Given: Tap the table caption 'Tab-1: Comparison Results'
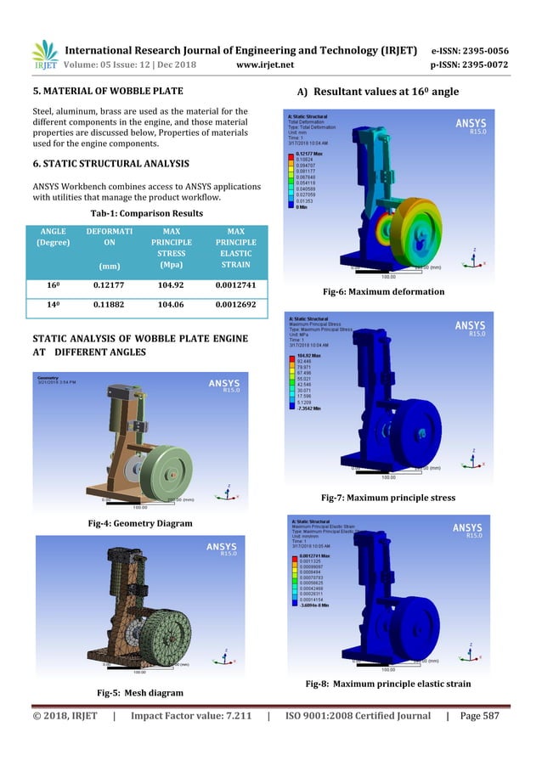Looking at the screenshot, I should (x=150, y=213).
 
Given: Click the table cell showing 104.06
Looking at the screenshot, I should (x=170, y=303).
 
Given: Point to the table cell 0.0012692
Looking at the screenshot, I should (x=238, y=303).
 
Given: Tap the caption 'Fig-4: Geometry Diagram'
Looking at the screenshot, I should (x=150, y=523).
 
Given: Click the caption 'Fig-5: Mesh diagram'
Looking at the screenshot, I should (x=150, y=692).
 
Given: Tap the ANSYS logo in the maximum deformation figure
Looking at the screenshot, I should (x=471, y=123).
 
